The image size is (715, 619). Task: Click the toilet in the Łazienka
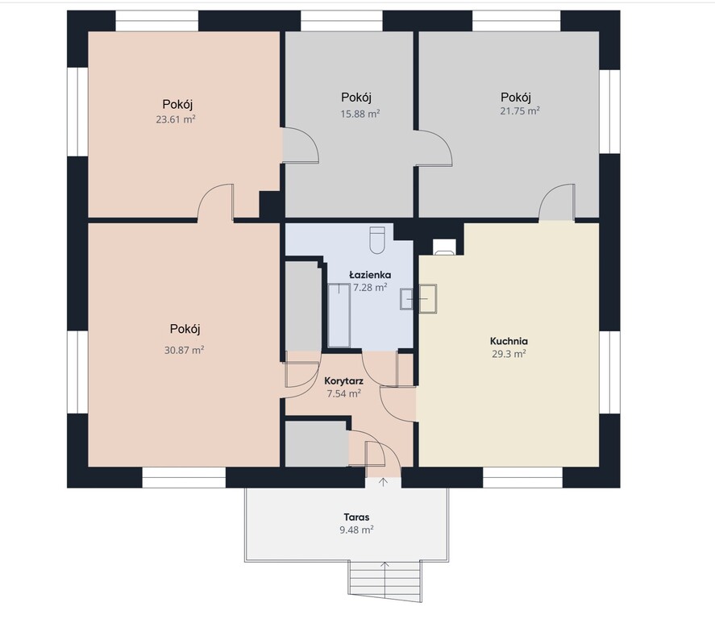[x=377, y=239]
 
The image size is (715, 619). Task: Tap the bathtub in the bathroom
[x=339, y=315]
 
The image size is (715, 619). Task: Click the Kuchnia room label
[x=509, y=341]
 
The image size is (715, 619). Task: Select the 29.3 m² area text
[x=509, y=354]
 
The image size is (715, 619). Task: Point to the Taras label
[x=356, y=517]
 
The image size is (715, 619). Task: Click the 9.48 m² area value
[x=356, y=530]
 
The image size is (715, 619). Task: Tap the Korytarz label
[x=344, y=380]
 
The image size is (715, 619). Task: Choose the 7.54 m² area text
[x=344, y=393]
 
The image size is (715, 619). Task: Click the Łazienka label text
[x=370, y=275]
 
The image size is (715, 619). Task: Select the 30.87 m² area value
[x=185, y=350]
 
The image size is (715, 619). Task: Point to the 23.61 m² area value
[x=176, y=119]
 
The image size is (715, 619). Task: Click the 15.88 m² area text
[x=360, y=114]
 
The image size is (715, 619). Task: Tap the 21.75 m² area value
[x=520, y=110]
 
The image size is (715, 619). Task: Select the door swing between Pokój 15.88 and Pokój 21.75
[x=434, y=148]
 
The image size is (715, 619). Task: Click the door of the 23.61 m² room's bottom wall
[x=216, y=202]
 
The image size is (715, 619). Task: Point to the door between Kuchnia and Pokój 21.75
[x=557, y=202]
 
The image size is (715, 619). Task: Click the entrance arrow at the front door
[x=383, y=482]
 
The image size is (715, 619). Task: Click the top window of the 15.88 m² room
[x=341, y=20]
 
